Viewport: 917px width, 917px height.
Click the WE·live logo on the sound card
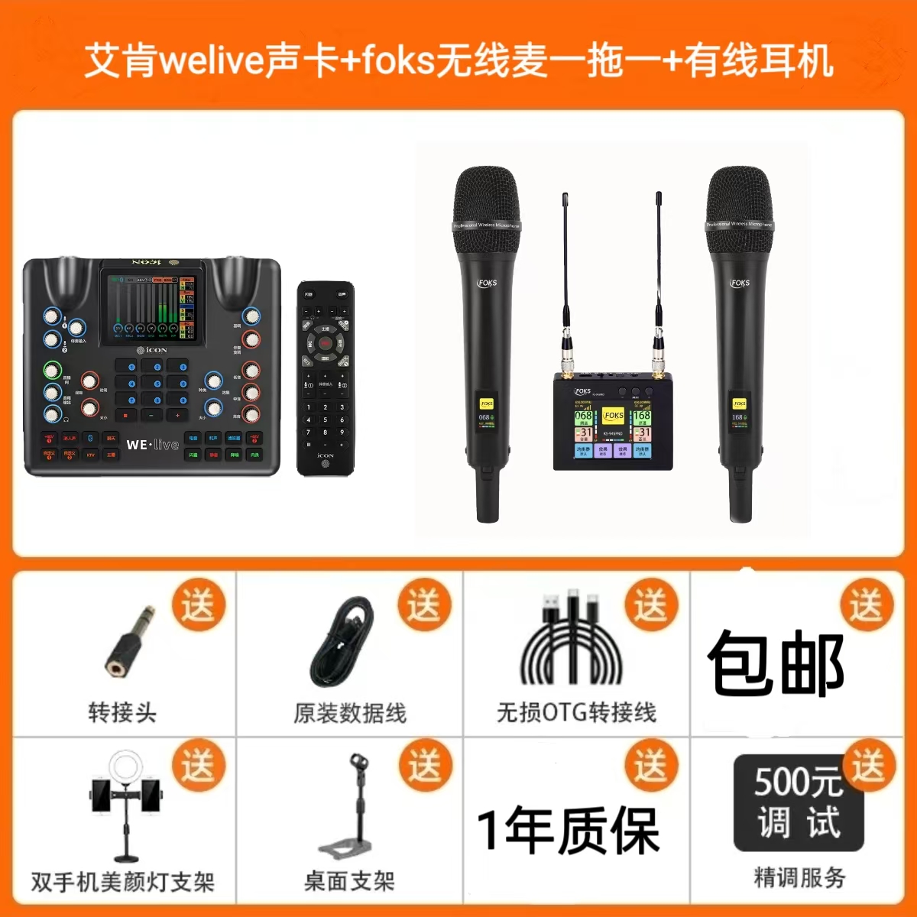[152, 445]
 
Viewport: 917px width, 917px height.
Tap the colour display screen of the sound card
[153, 308]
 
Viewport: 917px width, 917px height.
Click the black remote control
[326, 378]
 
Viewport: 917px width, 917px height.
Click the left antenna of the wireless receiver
[565, 260]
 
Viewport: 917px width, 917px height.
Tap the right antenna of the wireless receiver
[658, 260]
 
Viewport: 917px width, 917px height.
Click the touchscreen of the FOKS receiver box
[613, 433]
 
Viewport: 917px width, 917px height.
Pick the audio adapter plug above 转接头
[129, 642]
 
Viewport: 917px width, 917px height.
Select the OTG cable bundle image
[571, 642]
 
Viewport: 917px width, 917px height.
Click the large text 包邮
[776, 663]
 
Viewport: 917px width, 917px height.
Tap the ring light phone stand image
[126, 806]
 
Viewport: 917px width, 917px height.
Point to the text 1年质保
[568, 831]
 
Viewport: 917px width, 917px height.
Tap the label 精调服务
[799, 877]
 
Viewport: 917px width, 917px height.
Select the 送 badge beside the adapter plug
[198, 606]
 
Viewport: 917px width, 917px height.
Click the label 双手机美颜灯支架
[122, 882]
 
